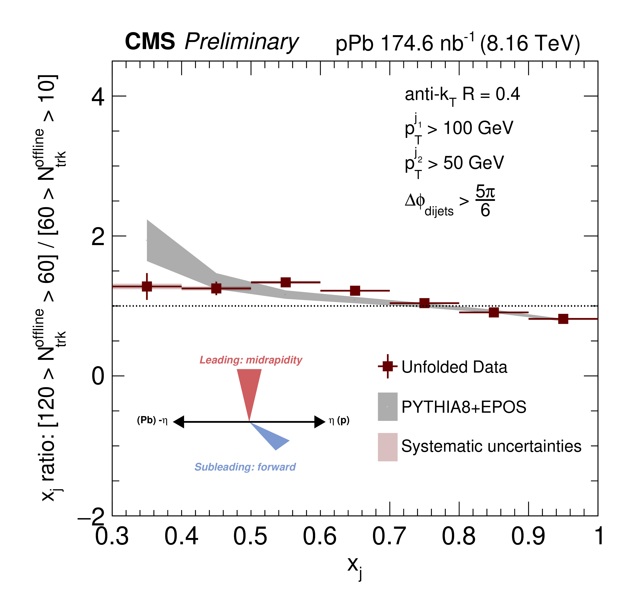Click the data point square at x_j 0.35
147,286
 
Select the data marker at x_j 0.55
286,282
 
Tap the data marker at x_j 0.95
563,319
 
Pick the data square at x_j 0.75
424,303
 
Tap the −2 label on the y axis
91,517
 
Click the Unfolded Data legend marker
388,366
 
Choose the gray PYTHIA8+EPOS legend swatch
388,406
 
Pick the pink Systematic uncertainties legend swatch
388,447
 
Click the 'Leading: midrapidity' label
251,360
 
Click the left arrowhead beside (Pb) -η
179,422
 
